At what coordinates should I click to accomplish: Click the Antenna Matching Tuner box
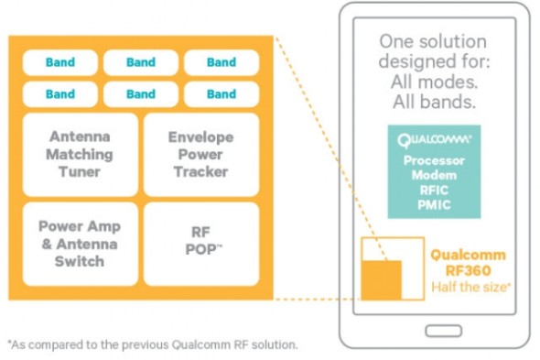pyautogui.click(x=80, y=154)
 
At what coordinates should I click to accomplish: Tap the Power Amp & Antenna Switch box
pyautogui.click(x=80, y=244)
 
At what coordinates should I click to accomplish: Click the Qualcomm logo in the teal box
pyautogui.click(x=434, y=141)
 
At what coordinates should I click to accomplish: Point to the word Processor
pyautogui.click(x=434, y=160)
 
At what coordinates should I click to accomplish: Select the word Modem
pyautogui.click(x=434, y=174)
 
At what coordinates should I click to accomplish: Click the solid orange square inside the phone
pyautogui.click(x=382, y=280)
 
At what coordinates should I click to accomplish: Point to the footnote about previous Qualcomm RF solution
pyautogui.click(x=152, y=344)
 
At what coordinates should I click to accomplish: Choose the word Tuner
pyautogui.click(x=80, y=170)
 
